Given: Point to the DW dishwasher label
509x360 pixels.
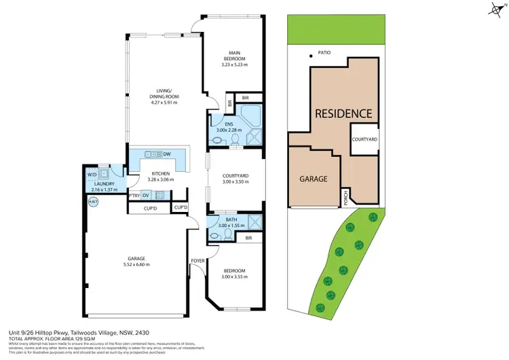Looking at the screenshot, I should pyautogui.click(x=166, y=154).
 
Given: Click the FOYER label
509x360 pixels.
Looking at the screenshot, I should pyautogui.click(x=198, y=259).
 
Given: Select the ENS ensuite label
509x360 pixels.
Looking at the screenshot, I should pyautogui.click(x=228, y=124).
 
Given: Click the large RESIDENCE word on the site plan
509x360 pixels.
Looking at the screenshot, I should pyautogui.click(x=342, y=113).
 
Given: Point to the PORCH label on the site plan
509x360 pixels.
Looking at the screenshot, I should pyautogui.click(x=345, y=197).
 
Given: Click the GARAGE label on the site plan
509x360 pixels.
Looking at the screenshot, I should pyautogui.click(x=314, y=179).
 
